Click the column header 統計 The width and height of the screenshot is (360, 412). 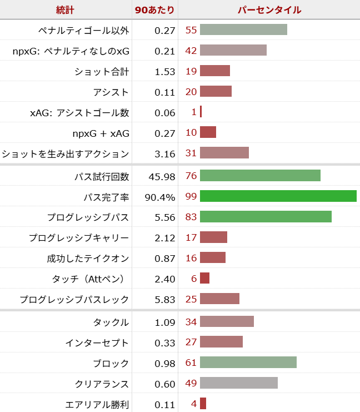point(65,10)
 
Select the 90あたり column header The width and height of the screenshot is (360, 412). point(154,10)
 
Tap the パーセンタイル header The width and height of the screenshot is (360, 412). point(269,10)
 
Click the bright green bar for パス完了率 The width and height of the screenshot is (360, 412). point(278,196)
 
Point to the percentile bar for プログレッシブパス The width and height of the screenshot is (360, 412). point(266,217)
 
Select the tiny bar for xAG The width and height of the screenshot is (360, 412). point(201,112)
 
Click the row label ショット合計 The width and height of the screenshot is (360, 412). point(102,71)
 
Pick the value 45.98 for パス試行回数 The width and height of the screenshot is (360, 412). point(162,176)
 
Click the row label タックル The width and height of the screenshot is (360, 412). point(112,322)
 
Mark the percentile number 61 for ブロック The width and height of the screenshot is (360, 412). point(191,363)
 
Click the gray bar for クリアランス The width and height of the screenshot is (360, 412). point(238,384)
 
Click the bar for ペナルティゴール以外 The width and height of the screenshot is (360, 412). point(243,30)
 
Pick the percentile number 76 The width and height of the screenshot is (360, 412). point(191,176)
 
